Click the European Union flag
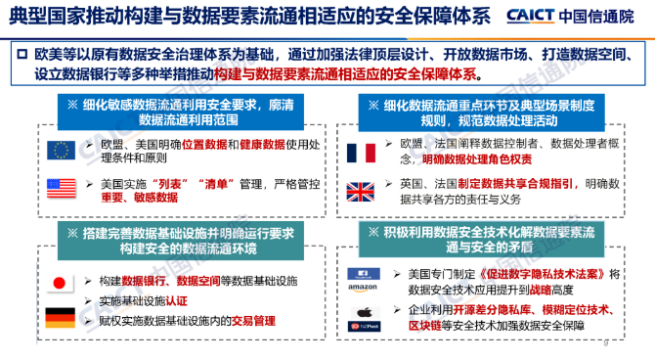61,150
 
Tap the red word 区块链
426,324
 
